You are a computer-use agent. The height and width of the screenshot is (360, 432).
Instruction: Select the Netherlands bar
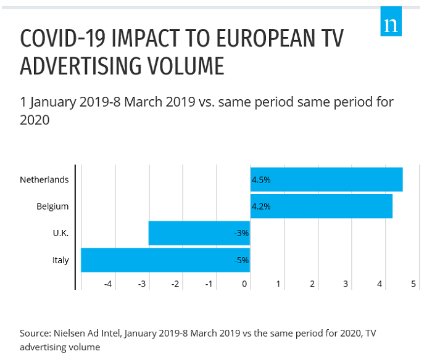pos(326,180)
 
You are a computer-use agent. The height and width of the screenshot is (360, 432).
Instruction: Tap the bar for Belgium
pos(321,206)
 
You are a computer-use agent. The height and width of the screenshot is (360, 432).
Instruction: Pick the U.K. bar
pos(199,233)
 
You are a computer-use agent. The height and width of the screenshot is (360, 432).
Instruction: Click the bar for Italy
pos(165,260)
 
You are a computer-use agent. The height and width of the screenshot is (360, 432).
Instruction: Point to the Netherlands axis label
pos(44,180)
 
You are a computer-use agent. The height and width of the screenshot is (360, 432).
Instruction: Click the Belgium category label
pos(52,206)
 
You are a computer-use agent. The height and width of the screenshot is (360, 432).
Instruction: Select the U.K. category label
pos(60,233)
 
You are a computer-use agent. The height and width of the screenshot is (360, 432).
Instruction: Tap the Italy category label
pos(60,260)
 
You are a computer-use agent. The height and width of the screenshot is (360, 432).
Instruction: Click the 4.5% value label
pos(261,180)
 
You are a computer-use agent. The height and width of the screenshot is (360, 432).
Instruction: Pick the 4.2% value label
pos(261,206)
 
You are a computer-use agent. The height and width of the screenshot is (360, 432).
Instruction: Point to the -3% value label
pos(241,233)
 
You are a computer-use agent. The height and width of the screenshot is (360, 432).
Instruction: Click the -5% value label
pos(241,260)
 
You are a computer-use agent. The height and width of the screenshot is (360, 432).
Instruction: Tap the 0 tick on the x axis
pos(245,284)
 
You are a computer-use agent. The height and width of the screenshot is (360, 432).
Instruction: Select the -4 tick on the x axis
pos(108,284)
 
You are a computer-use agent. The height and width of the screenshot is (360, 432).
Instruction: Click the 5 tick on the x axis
pos(413,284)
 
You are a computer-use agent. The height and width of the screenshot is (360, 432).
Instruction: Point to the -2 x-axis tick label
pos(176,284)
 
